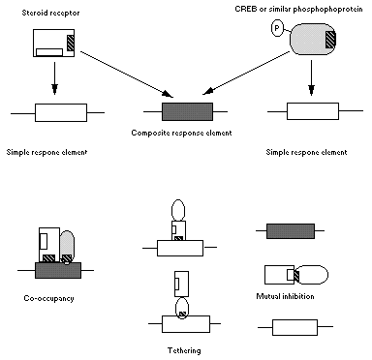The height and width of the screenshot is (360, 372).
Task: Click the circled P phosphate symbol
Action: pyautogui.click(x=276, y=28)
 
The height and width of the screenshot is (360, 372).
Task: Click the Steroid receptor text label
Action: pyautogui.click(x=50, y=14)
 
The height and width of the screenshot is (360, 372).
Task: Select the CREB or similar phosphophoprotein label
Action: pyautogui.click(x=298, y=9)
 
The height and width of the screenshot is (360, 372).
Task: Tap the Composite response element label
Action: pyautogui.click(x=181, y=133)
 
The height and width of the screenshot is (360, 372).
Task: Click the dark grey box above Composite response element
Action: pyautogui.click(x=187, y=111)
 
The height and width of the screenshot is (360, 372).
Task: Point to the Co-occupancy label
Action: pyautogui.click(x=48, y=298)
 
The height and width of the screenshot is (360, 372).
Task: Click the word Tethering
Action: pyautogui.click(x=184, y=350)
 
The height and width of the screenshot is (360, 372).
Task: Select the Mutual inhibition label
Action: pyautogui.click(x=285, y=296)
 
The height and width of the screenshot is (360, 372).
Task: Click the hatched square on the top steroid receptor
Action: pyautogui.click(x=71, y=43)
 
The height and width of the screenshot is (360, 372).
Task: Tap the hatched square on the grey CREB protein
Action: pyautogui.click(x=330, y=40)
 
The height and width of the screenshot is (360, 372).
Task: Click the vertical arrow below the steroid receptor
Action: pyautogui.click(x=54, y=78)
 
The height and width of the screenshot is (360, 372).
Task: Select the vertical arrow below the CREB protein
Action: pyautogui.click(x=311, y=77)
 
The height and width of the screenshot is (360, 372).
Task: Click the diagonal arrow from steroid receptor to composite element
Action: pyautogui.click(x=127, y=74)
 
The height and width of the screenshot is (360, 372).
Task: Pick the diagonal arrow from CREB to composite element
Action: pyautogui.click(x=246, y=73)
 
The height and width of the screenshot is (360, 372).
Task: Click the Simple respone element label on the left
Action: pyautogui.click(x=46, y=152)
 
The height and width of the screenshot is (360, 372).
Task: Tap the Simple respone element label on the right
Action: pyautogui.click(x=306, y=152)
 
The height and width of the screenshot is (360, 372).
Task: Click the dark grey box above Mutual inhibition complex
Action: pyautogui.click(x=291, y=231)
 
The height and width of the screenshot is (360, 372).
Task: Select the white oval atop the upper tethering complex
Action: pyautogui.click(x=178, y=211)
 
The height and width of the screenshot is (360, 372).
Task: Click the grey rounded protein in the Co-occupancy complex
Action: pyautogui.click(x=67, y=246)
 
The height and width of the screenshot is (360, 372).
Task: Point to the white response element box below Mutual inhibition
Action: pyautogui.click(x=294, y=327)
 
